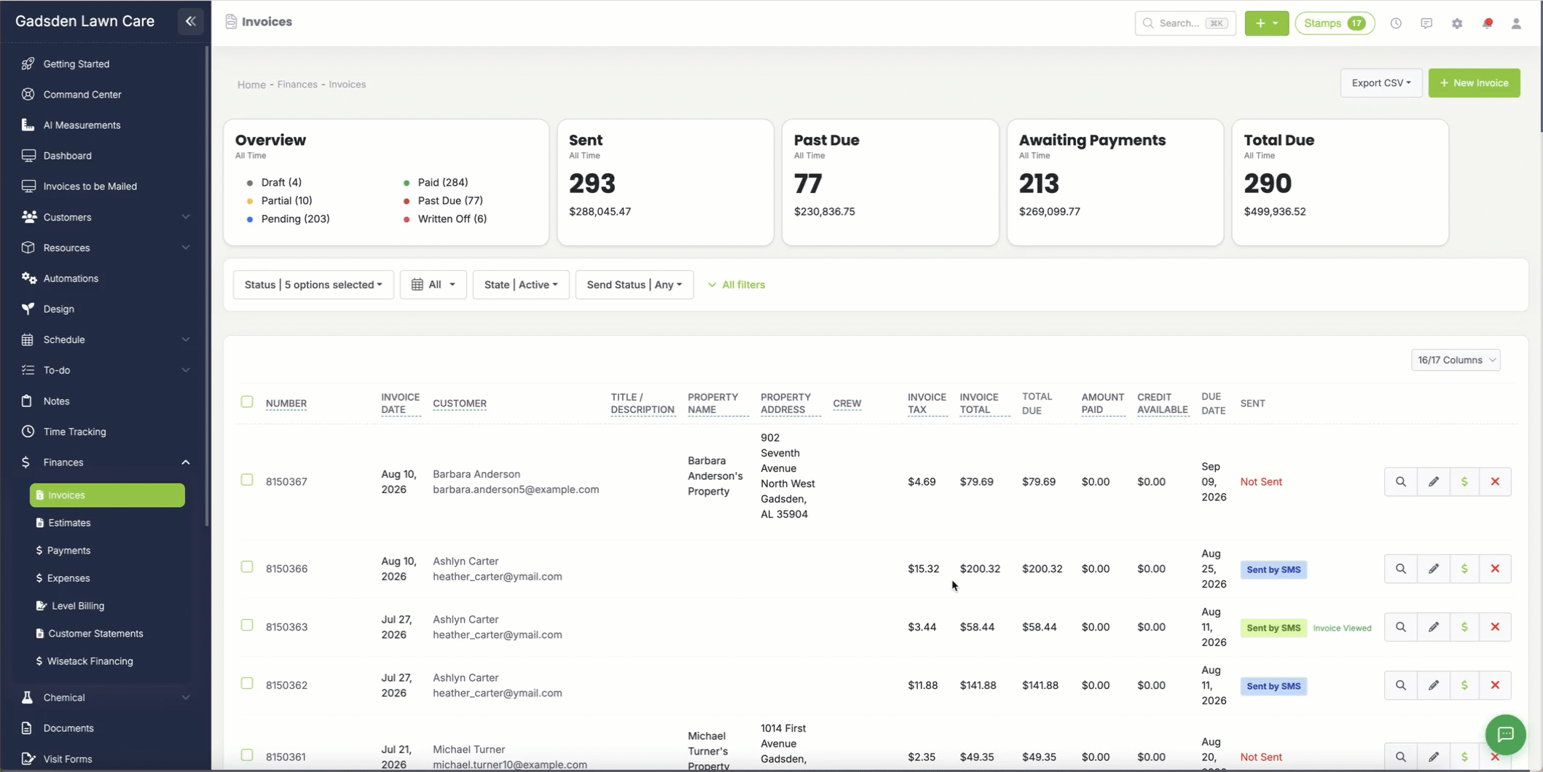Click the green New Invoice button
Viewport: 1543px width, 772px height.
click(x=1474, y=83)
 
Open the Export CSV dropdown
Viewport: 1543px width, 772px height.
click(x=1381, y=83)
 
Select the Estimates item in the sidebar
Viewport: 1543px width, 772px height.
click(x=69, y=523)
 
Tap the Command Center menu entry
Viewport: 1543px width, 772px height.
click(x=82, y=95)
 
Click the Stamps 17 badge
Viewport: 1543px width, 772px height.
click(x=1335, y=23)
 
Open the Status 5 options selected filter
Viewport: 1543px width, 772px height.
click(x=313, y=285)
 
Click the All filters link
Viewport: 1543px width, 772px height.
click(x=737, y=285)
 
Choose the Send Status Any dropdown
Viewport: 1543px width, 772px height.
click(x=634, y=285)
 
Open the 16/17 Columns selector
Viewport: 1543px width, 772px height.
click(x=1456, y=360)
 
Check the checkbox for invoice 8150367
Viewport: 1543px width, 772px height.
click(x=247, y=480)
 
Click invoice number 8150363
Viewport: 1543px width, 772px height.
click(x=286, y=627)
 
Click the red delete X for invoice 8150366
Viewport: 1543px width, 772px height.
click(x=1495, y=569)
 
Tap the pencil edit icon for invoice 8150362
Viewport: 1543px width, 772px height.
click(x=1433, y=685)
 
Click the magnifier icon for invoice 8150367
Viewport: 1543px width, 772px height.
click(x=1400, y=481)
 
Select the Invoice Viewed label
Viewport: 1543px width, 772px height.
click(x=1342, y=628)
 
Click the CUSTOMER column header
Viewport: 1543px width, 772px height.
click(x=460, y=403)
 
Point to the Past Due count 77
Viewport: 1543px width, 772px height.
click(x=808, y=184)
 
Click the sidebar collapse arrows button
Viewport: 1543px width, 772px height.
click(x=191, y=21)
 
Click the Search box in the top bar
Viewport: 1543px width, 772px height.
click(x=1185, y=23)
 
